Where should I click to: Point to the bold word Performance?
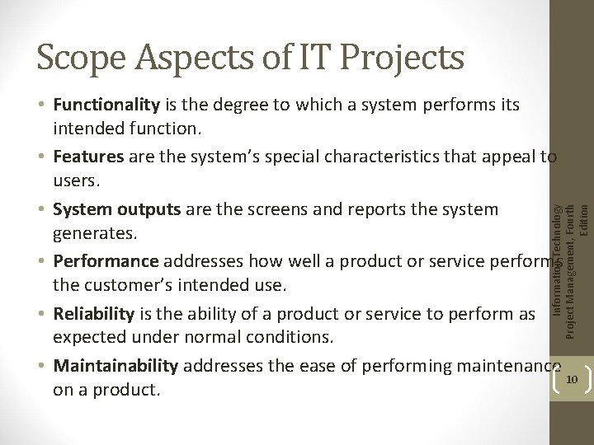(106, 262)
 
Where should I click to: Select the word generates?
(88, 236)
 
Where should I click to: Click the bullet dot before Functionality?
(41, 105)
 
